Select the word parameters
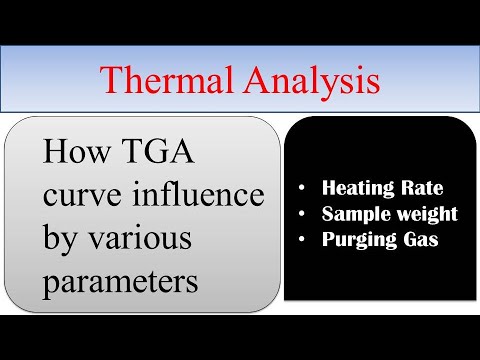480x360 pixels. [x=120, y=282]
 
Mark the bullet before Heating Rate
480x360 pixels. [x=302, y=187]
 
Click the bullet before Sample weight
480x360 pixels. [x=302, y=214]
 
